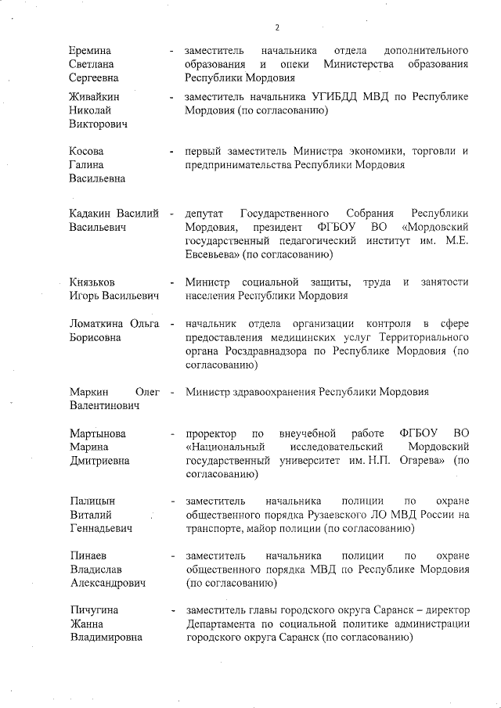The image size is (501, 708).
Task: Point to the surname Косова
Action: pyautogui.click(x=86, y=151)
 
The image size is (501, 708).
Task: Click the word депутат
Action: pyautogui.click(x=204, y=214)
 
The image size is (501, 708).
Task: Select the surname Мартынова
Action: pyautogui.click(x=98, y=433)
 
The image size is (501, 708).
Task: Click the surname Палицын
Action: pyautogui.click(x=92, y=501)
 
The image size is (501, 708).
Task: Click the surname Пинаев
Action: pyautogui.click(x=89, y=555)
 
